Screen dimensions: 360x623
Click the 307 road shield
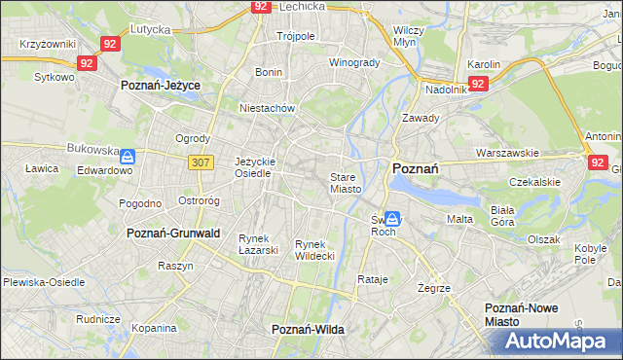coord(202,162)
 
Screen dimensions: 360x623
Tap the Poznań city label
coord(415,168)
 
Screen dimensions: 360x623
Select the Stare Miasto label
coord(346,183)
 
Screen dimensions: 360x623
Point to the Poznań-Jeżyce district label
coord(161,86)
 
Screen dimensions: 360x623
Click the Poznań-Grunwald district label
coord(173,234)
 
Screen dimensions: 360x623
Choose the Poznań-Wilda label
coord(308,330)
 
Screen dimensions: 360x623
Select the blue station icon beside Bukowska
coord(128,155)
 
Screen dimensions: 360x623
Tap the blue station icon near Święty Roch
coord(391,219)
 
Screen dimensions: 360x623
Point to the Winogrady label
coord(354,62)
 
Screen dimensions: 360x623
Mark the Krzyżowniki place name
coord(47,45)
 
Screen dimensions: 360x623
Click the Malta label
coord(459,219)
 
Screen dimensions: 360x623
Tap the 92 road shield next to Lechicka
coord(260,6)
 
